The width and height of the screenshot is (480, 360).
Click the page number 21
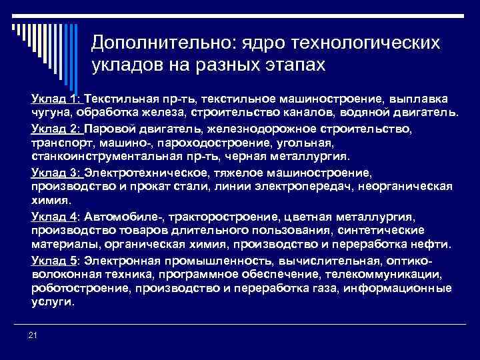(33, 334)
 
